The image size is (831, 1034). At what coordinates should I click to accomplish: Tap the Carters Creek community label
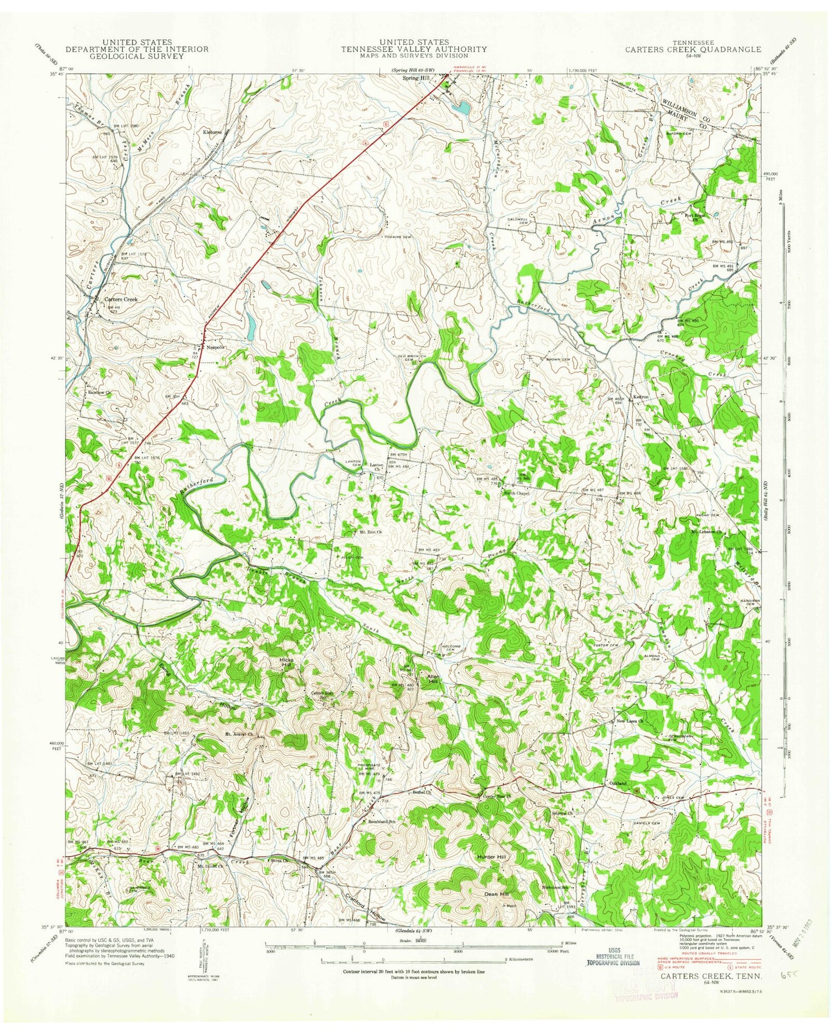point(121,299)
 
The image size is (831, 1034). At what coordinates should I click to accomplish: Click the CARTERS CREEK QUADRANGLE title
point(693,49)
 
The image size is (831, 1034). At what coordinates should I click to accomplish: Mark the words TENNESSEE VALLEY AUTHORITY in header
point(414,49)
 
